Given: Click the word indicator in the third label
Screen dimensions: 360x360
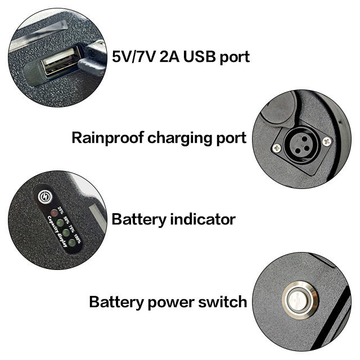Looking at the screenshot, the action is coord(197,219).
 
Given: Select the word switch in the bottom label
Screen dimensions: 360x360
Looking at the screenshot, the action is coord(224,301).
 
